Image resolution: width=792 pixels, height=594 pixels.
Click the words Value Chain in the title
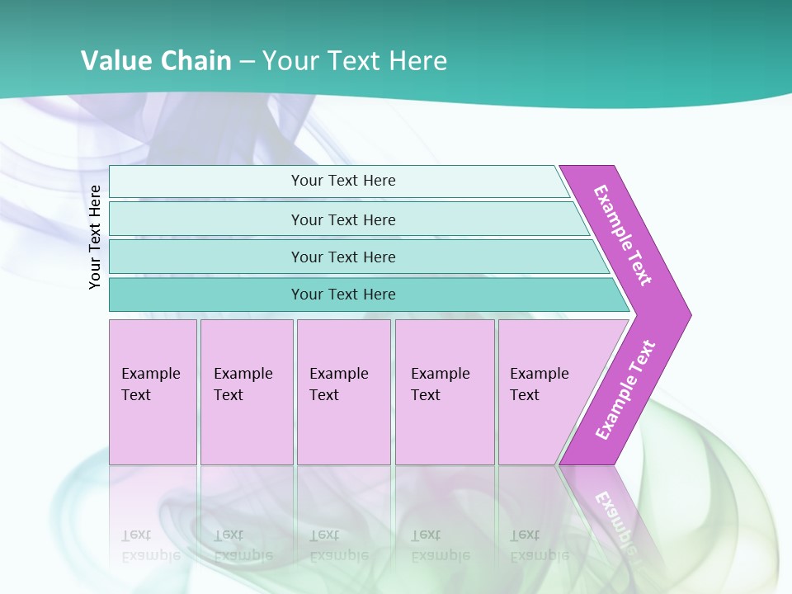156,61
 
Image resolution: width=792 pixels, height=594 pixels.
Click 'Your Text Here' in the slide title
355,61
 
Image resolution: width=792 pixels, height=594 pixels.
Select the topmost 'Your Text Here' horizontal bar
343,181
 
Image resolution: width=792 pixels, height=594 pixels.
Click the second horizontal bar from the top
343,219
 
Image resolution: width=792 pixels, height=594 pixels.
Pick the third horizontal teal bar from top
343,257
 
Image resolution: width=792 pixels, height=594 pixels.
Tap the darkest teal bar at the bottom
343,295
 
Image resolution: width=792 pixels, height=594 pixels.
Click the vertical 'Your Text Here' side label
96,237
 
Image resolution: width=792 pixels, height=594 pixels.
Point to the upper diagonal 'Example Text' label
624,234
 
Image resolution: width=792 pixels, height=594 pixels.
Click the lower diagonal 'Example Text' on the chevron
625,389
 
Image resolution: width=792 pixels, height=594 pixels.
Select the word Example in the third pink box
338,374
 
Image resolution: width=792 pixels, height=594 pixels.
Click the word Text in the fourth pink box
426,395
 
